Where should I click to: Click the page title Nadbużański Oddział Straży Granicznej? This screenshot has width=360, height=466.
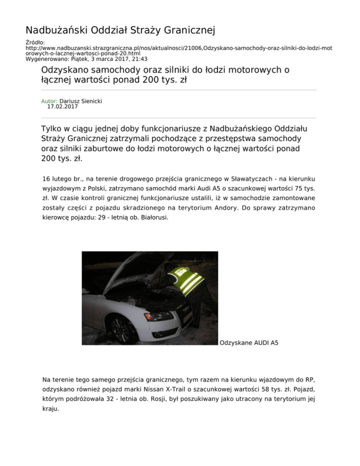pos(120,31)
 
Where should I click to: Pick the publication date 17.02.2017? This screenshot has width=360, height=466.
pos(63,106)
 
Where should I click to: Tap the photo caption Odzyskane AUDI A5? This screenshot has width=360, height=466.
pos(248,343)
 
